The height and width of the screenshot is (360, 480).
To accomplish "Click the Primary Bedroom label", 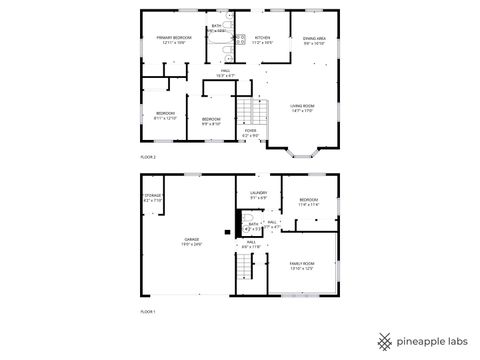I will coord(173,40).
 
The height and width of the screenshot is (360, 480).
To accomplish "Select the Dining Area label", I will coord(314,41).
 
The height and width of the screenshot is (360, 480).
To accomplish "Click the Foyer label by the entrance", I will coord(251,132).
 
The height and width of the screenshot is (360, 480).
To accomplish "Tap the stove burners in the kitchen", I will coord(240,39).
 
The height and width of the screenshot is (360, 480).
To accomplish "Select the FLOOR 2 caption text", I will coord(148,158).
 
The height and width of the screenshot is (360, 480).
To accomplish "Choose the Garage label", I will coord(191,242).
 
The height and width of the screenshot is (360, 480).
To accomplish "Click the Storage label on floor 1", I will coord(153,198).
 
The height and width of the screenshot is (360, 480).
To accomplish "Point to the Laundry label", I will coord(258,195).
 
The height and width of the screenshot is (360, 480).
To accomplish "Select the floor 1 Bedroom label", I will coord(308,202).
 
